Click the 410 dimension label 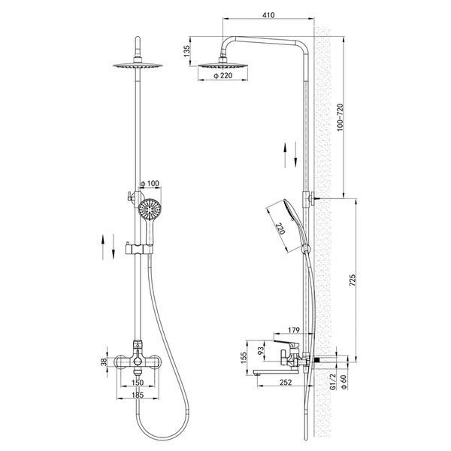(x=268, y=15)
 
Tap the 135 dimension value (x=187, y=51)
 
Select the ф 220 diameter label (x=223, y=76)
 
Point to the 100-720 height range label (x=341, y=117)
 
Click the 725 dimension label (x=353, y=280)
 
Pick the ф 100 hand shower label (x=150, y=183)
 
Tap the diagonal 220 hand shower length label (x=280, y=229)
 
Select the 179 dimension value (x=293, y=330)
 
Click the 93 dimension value (x=261, y=350)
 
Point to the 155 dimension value (x=244, y=358)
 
